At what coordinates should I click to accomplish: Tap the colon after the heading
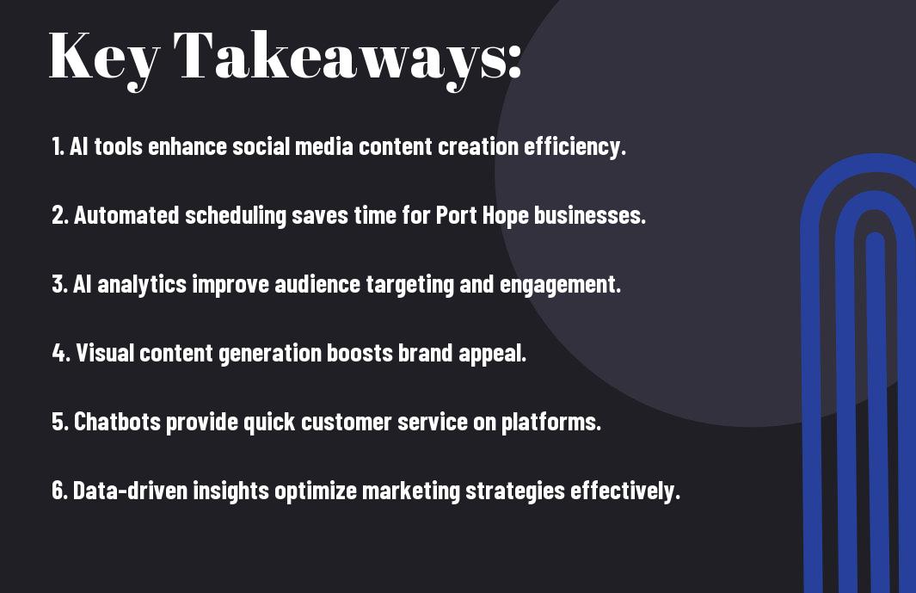tap(514, 61)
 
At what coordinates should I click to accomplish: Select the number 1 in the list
tap(57, 146)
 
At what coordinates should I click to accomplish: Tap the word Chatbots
tap(117, 422)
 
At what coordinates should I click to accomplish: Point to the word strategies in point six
tap(515, 491)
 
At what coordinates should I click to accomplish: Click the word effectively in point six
tap(622, 491)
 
